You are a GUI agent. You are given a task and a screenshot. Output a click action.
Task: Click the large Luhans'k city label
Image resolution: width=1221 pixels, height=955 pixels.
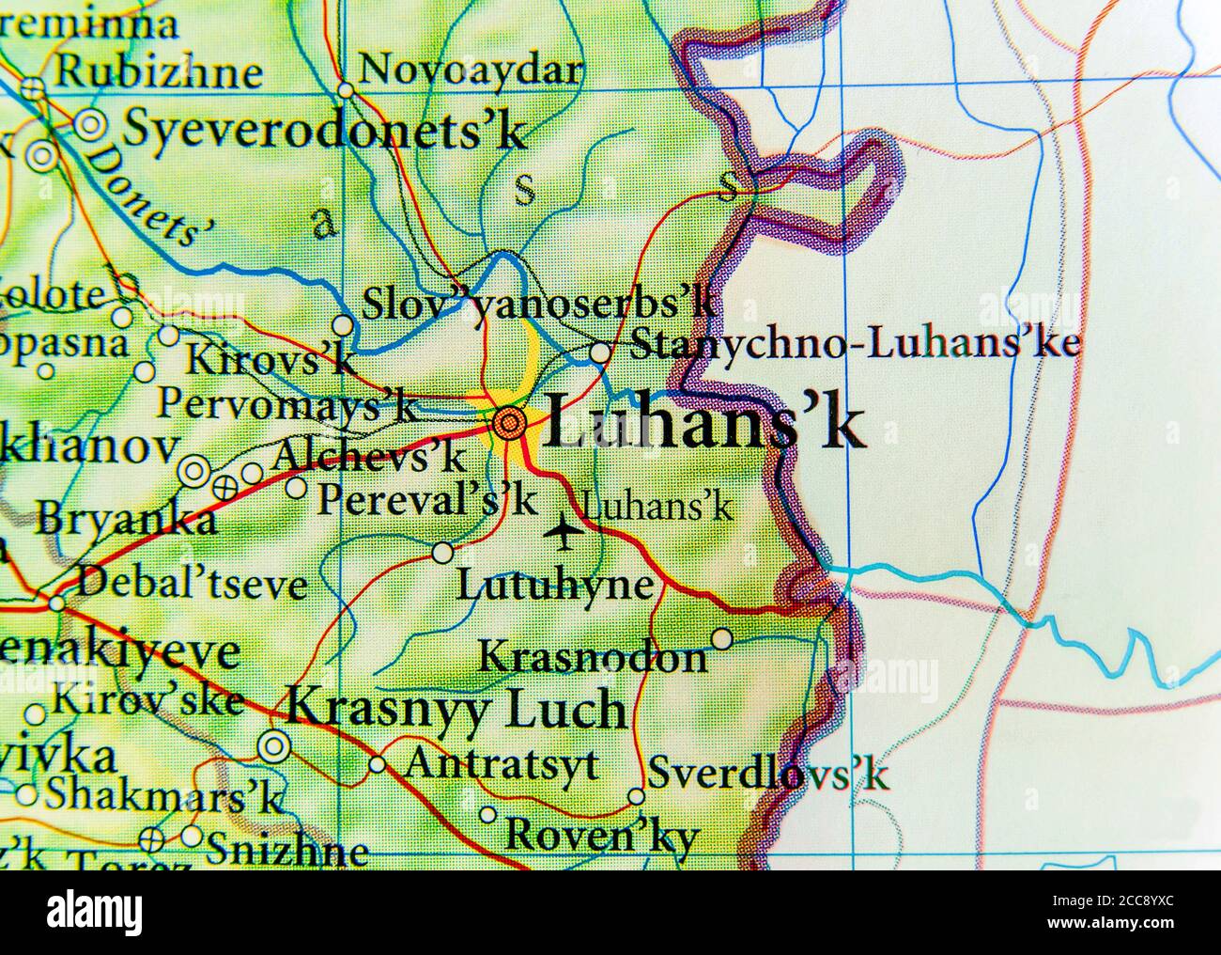coord(703,424)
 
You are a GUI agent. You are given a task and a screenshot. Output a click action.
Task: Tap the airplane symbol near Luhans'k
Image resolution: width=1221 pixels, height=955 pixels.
coord(564,532)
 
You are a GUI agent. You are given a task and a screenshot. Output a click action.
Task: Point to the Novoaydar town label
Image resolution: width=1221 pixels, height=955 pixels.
coord(471,69)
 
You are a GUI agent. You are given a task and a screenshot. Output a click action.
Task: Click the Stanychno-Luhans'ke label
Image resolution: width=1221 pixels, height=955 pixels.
coord(854,344)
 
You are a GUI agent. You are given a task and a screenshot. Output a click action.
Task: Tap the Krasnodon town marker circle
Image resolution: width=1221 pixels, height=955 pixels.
coord(721,639)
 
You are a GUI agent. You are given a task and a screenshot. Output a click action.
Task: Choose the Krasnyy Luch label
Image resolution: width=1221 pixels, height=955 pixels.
coord(456,709)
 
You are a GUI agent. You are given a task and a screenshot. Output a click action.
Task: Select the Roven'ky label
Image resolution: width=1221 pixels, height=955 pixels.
coord(602,833)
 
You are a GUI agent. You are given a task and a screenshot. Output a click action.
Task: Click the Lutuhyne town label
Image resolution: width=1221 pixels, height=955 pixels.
coord(554,586)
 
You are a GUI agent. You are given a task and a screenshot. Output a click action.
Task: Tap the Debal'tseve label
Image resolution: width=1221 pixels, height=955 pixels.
coord(192,584)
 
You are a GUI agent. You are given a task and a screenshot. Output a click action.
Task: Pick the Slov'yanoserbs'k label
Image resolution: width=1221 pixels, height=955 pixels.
coord(540,303)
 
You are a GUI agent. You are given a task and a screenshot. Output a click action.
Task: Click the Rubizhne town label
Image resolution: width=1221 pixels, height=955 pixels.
coord(159,71)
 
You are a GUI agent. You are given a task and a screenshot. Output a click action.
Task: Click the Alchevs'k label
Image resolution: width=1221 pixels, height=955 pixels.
coord(367,456)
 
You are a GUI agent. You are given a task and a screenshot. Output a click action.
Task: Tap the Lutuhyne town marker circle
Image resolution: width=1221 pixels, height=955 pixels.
coord(442,553)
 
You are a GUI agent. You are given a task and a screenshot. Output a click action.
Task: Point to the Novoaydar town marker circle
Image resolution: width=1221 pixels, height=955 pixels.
coord(347,91)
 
